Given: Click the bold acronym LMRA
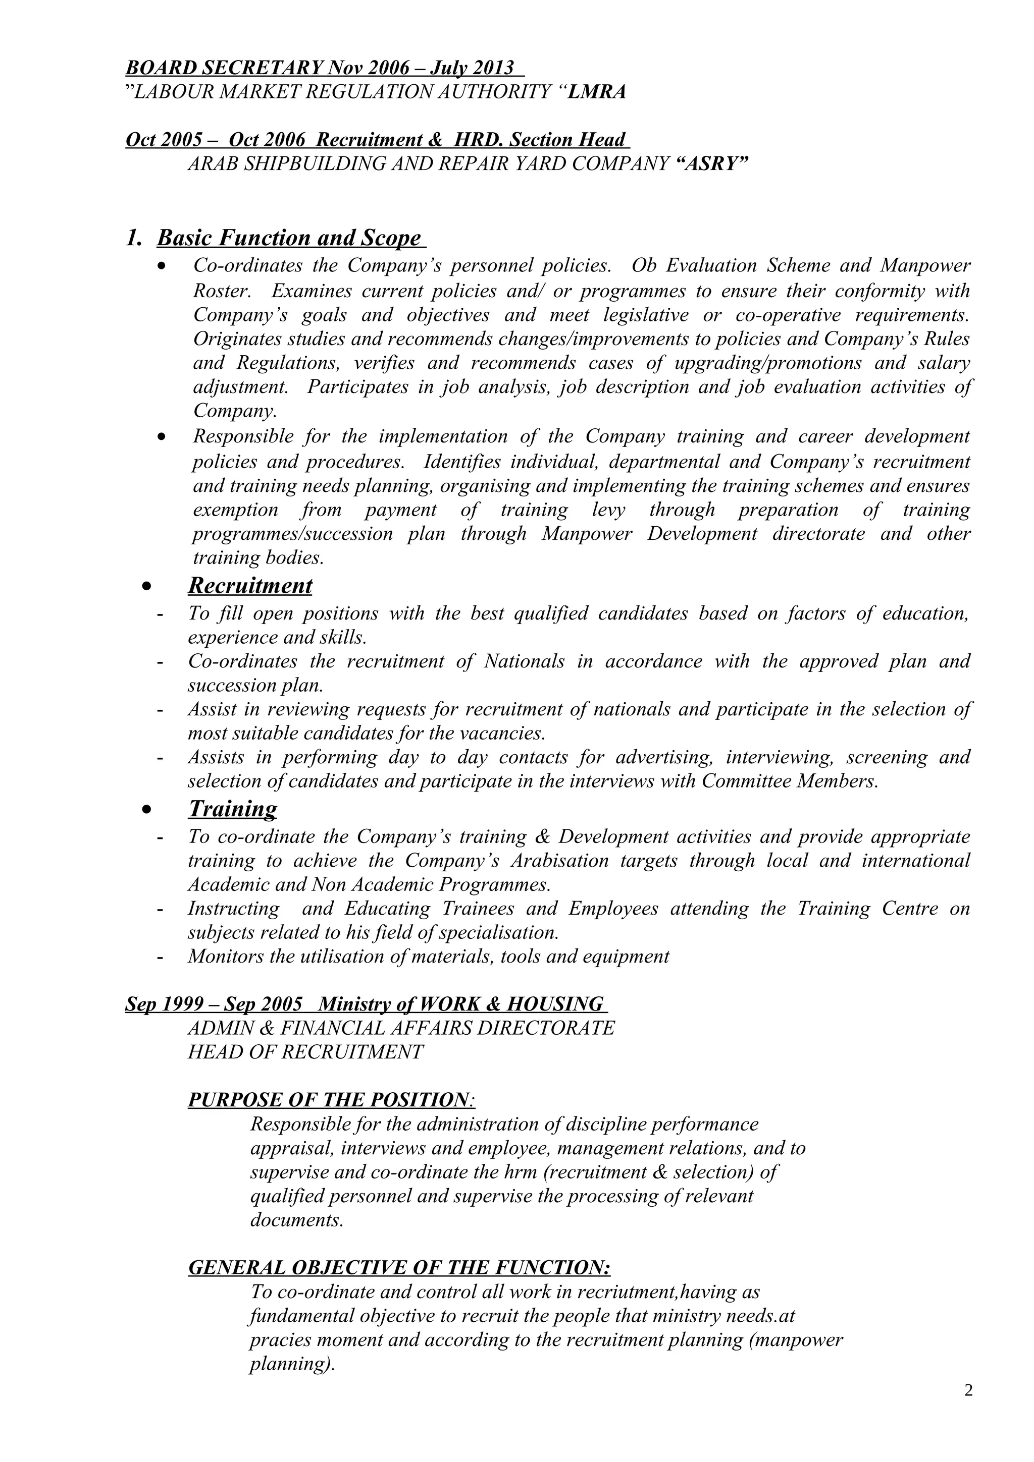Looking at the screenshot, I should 596,92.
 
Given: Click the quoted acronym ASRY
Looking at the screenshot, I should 711,164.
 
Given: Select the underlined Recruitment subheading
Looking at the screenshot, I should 250,585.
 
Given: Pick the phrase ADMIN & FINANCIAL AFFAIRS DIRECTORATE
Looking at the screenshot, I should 401,1028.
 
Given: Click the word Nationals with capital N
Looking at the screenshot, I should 524,661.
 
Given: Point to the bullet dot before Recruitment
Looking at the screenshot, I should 147,586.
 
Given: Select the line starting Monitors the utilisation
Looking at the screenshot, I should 428,956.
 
